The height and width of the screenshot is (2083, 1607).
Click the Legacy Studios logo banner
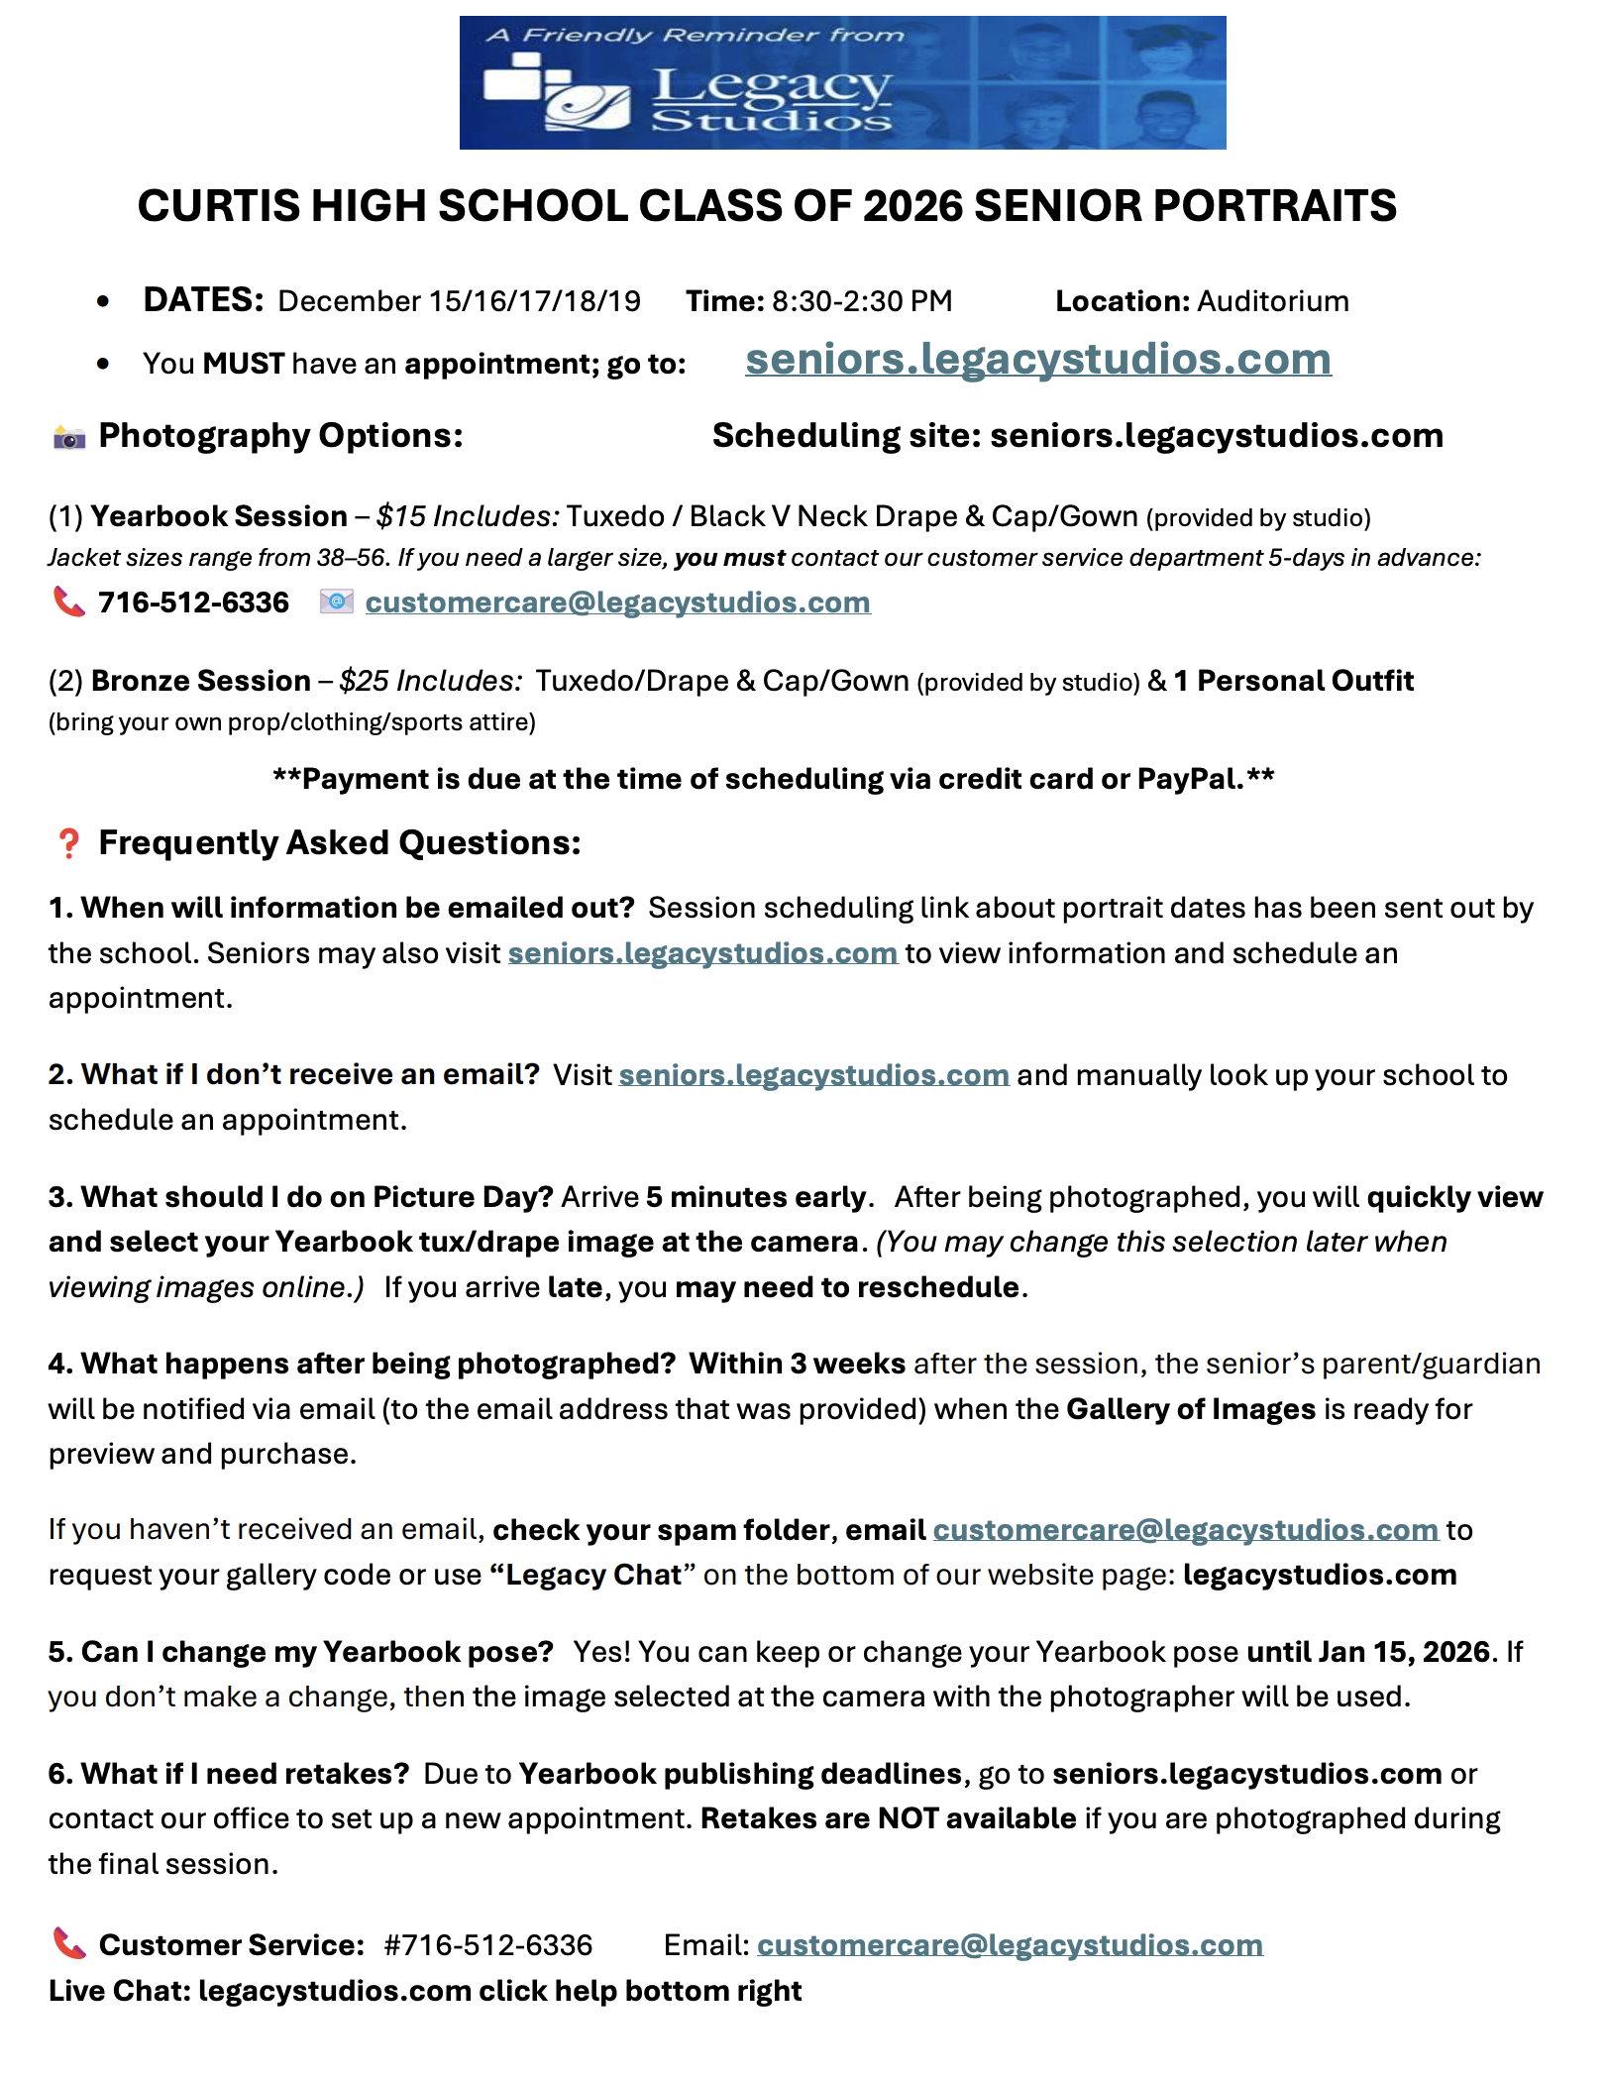tap(842, 83)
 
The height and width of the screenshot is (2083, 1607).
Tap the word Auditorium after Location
tap(1273, 301)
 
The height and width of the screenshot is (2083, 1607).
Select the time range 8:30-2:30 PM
tap(862, 301)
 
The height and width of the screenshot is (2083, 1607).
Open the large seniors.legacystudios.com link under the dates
tap(1037, 359)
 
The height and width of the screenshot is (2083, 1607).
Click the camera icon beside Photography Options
tap(69, 437)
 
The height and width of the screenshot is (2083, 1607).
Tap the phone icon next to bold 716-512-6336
tap(69, 602)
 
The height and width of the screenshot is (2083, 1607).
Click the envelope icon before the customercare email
tap(337, 602)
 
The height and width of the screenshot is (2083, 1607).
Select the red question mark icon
tap(68, 843)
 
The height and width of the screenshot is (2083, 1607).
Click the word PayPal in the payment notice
tap(1190, 779)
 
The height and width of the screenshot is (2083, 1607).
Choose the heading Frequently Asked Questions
tap(339, 843)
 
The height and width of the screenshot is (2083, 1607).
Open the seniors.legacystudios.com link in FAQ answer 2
tap(813, 1075)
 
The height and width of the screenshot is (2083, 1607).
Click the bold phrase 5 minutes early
tap(756, 1197)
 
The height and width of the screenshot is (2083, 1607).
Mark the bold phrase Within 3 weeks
tap(797, 1364)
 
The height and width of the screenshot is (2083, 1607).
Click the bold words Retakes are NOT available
tap(888, 1818)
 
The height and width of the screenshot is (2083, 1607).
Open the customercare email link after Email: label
tap(1010, 1945)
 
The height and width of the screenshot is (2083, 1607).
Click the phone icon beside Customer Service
tap(69, 1944)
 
